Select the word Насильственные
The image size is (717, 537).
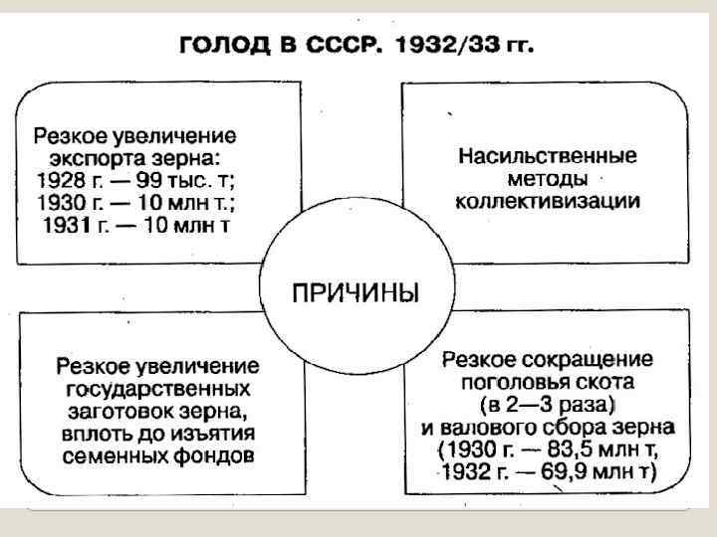(548, 157)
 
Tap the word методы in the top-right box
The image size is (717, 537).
(547, 180)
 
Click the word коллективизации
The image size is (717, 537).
(548, 202)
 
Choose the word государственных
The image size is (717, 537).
(159, 387)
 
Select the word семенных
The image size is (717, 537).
(113, 455)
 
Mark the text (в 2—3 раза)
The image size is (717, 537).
(547, 404)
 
